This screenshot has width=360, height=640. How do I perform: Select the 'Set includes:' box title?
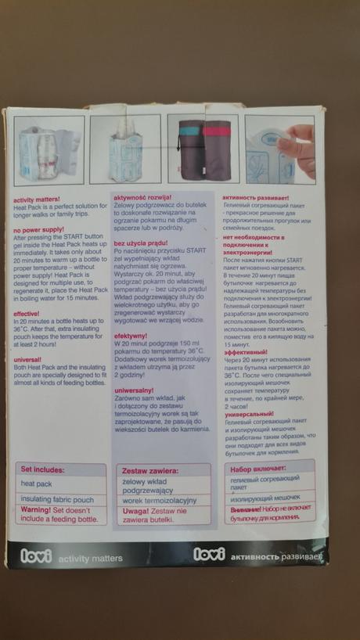coord(43,470)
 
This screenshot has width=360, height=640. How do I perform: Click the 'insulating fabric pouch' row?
coord(57,499)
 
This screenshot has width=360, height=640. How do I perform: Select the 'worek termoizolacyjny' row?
coord(159,499)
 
